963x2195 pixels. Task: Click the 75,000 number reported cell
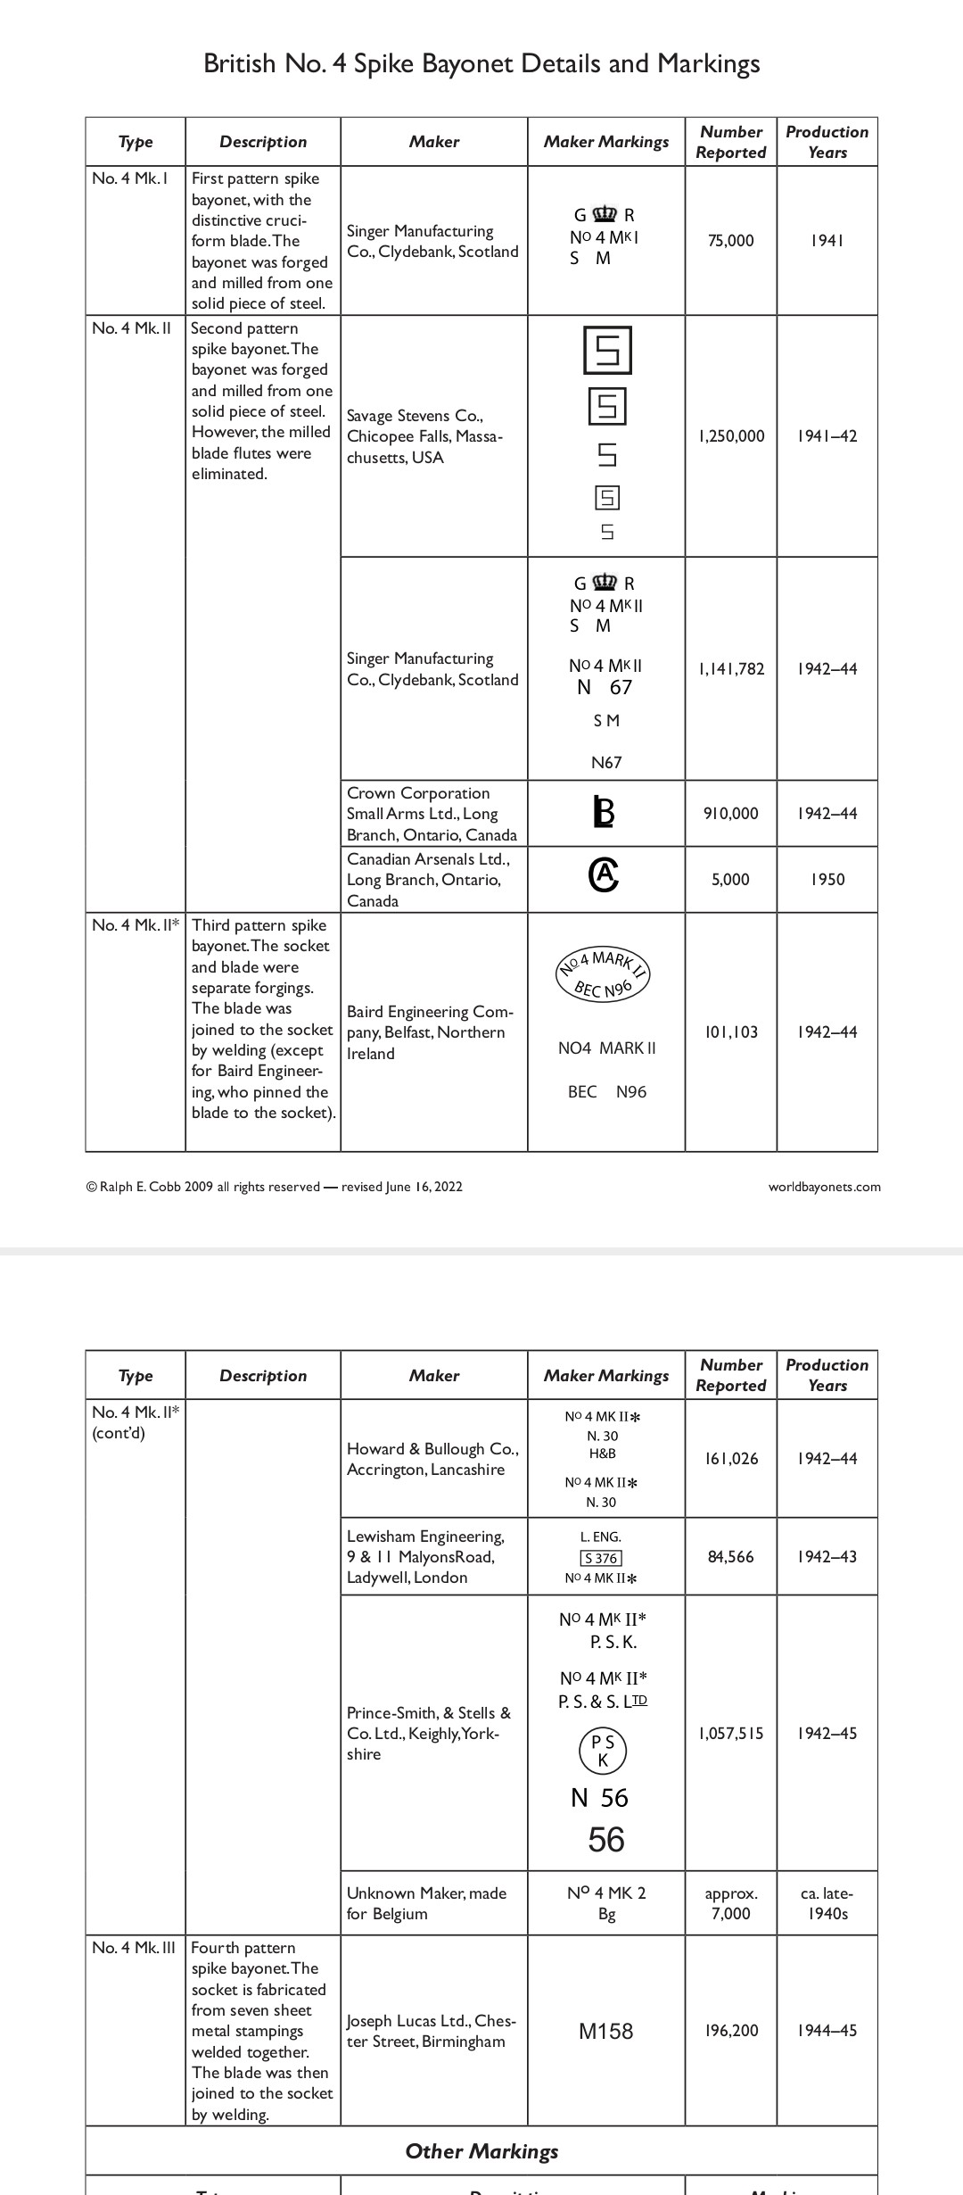(730, 241)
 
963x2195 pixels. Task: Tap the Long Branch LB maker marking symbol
(605, 812)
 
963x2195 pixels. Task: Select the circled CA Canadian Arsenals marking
(604, 876)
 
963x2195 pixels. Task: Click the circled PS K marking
(604, 1750)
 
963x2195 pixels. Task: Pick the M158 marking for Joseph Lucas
(605, 2031)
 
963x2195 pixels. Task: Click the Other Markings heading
(481, 2151)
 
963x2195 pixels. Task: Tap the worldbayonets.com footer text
(824, 1187)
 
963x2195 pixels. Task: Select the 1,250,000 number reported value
(731, 436)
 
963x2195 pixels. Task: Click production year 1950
(827, 880)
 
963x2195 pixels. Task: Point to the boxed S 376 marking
(601, 1558)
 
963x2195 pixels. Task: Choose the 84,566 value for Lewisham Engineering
(730, 1557)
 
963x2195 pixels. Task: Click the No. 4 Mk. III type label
(134, 1947)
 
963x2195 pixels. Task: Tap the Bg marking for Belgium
(606, 1914)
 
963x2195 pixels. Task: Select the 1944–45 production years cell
(827, 2031)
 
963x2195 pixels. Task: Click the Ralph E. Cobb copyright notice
(275, 1187)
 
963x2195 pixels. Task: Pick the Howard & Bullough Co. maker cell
(432, 1459)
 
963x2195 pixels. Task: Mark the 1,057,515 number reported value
(731, 1734)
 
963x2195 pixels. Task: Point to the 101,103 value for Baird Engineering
(731, 1032)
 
